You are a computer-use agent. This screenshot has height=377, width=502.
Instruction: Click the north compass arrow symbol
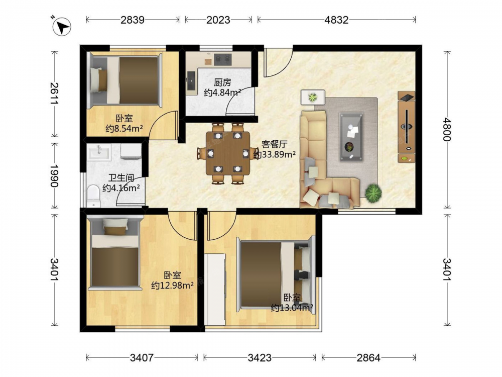pyautogui.click(x=62, y=27)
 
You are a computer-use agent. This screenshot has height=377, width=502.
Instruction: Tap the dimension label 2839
pyautogui.click(x=133, y=20)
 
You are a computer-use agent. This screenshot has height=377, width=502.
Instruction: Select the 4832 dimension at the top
pyautogui.click(x=336, y=20)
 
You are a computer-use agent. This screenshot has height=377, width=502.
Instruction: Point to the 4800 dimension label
pyautogui.click(x=447, y=129)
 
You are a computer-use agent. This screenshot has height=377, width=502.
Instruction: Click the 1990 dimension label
pyautogui.click(x=55, y=175)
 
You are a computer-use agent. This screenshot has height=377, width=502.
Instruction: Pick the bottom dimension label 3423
pyautogui.click(x=260, y=357)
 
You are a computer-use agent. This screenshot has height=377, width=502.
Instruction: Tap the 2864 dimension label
pyautogui.click(x=368, y=357)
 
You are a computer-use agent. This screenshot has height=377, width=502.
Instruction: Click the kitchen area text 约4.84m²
pyautogui.click(x=222, y=93)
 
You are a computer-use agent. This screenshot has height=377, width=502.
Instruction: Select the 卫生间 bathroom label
pyautogui.click(x=121, y=178)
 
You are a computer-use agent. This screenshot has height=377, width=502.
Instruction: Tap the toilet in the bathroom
pyautogui.click(x=93, y=196)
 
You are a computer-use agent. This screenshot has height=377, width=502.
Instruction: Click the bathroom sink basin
pyautogui.click(x=99, y=152)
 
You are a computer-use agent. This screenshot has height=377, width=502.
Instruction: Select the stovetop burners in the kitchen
pyautogui.click(x=223, y=59)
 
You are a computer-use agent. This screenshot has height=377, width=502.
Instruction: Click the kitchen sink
pyautogui.click(x=191, y=80)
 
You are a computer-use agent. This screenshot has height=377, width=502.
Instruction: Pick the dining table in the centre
pyautogui.click(x=228, y=153)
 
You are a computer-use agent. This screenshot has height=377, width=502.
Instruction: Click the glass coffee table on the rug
pyautogui.click(x=351, y=137)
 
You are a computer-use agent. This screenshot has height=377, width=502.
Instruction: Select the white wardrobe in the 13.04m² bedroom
pyautogui.click(x=215, y=290)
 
